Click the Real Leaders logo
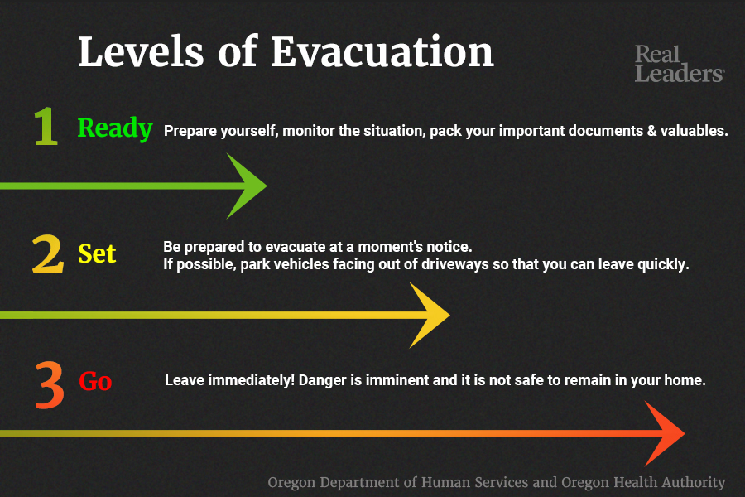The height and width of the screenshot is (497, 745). tap(680, 64)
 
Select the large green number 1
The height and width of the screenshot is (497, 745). tap(46, 126)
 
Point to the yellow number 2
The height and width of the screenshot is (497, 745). tap(47, 254)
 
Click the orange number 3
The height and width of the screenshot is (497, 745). tap(50, 384)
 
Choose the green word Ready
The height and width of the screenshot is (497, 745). tap(115, 128)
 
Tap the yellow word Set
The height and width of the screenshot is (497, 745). tap(97, 253)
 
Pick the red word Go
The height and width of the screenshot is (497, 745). tap(95, 381)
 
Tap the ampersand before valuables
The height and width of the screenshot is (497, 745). tap(651, 130)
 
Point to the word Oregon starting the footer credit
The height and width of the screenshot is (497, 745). tap(291, 482)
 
